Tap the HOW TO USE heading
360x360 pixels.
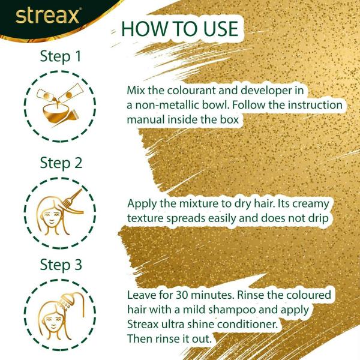click(x=179, y=30)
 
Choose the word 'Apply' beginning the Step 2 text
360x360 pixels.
click(x=142, y=204)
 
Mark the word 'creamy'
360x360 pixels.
click(x=306, y=204)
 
